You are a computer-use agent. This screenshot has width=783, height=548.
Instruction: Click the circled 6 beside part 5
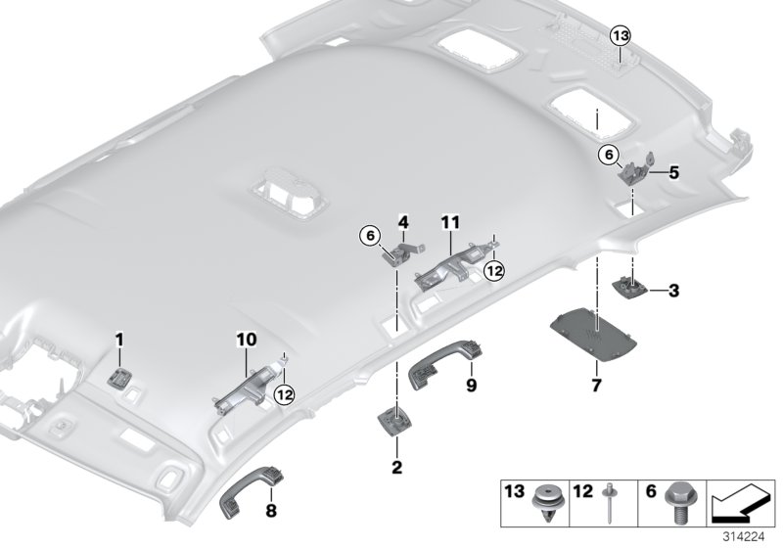click(x=608, y=153)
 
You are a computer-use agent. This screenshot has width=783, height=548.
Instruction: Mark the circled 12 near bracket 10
click(x=285, y=393)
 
